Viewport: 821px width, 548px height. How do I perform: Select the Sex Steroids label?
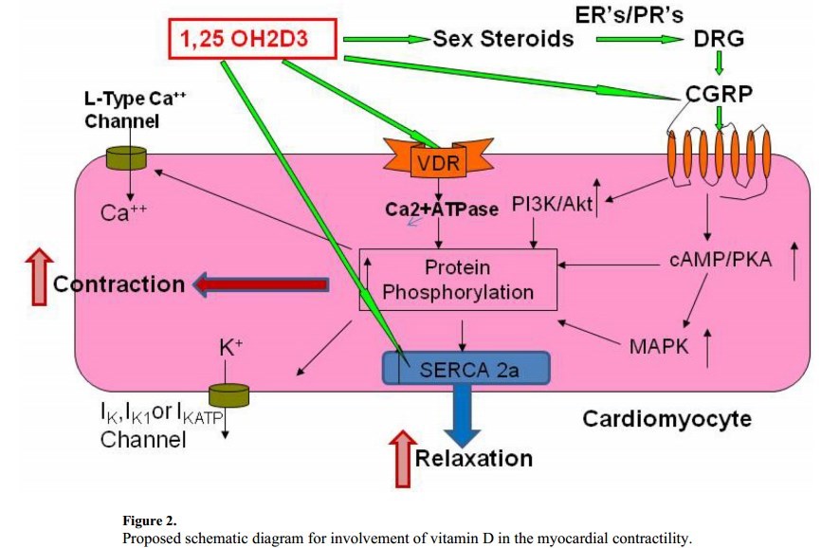[502, 39]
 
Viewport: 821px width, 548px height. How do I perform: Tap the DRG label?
[720, 39]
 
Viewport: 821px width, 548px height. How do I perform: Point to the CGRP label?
[720, 95]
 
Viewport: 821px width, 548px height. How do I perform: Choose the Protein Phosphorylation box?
[458, 280]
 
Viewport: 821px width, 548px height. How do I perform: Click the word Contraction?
[119, 283]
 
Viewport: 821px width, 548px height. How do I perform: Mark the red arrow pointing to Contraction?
[263, 283]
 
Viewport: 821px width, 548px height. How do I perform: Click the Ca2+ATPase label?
[441, 209]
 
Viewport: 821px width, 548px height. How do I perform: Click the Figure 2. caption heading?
[149, 521]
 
